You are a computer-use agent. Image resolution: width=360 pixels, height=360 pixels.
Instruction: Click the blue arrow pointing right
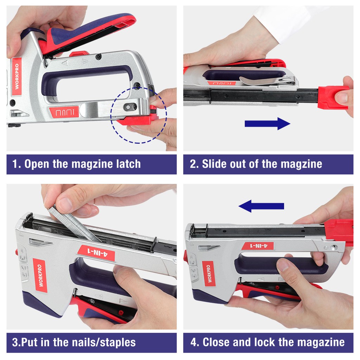(x=268, y=123)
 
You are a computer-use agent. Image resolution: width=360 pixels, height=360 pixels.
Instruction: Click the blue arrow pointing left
(x=261, y=206)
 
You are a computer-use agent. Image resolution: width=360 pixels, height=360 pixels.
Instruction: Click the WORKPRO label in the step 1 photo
(x=17, y=76)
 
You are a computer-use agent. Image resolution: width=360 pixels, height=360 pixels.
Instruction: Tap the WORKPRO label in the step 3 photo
(x=40, y=275)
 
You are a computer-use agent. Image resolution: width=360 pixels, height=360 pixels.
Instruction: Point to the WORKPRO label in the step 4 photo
(x=209, y=274)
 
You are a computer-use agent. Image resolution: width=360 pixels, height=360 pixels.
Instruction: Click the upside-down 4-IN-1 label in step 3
(x=96, y=253)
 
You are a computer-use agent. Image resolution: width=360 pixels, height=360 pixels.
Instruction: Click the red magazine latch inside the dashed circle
(x=138, y=120)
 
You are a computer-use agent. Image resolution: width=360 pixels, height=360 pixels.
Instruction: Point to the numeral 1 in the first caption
(x=15, y=164)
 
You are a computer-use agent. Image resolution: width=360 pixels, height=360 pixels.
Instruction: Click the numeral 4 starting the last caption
(x=194, y=342)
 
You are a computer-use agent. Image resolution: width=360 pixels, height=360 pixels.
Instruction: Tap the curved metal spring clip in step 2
(x=267, y=81)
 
